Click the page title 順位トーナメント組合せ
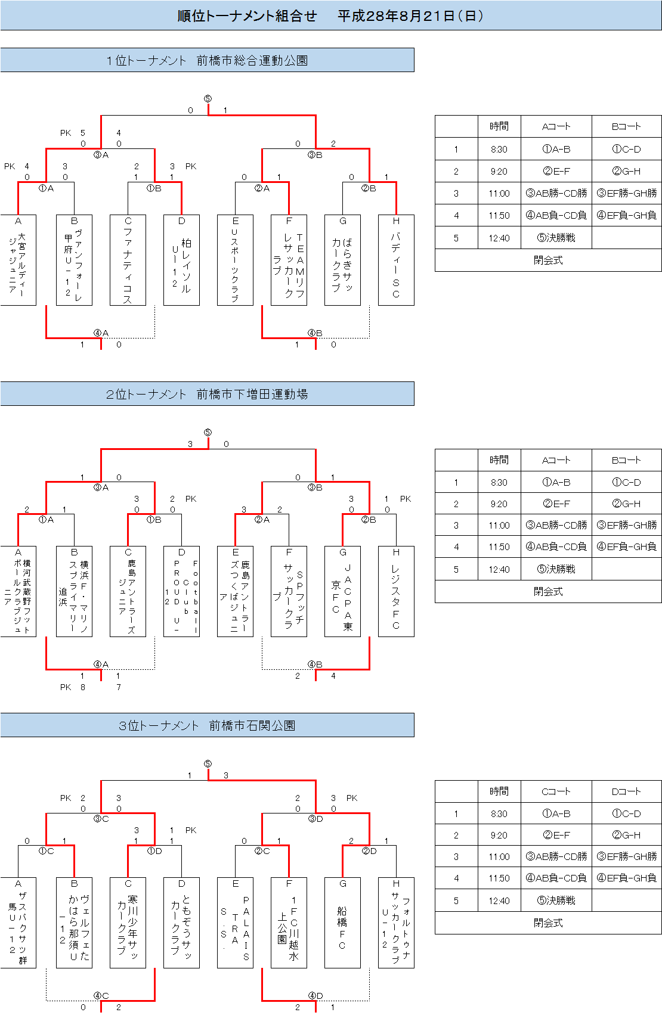247,16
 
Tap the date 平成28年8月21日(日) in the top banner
411,16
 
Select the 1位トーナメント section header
207,60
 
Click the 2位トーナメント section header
207,394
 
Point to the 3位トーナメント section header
207,725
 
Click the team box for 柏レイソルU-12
181,260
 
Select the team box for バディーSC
396,260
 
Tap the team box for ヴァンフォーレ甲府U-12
74,260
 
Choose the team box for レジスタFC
396,592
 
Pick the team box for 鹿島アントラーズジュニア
128,592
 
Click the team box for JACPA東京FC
342,592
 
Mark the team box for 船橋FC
342,923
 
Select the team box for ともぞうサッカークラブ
181,923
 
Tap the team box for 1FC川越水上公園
289,923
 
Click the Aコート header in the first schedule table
556,126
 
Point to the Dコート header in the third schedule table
626,791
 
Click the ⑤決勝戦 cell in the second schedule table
556,569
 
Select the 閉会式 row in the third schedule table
548,923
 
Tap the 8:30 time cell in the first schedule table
499,149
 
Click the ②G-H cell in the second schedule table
626,504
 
